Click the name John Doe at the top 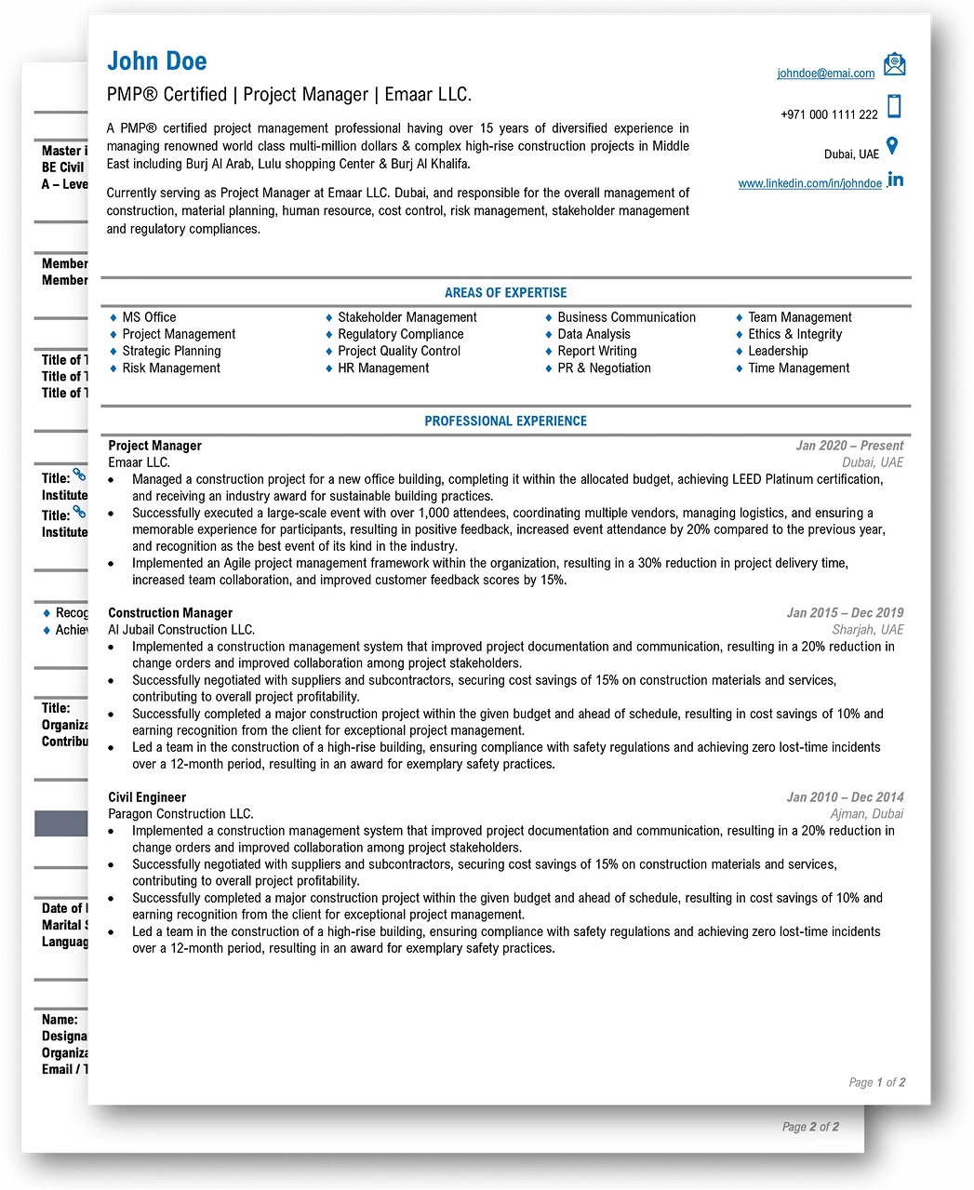coord(157,61)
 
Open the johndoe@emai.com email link coord(826,74)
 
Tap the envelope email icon coord(894,64)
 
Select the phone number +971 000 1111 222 coord(829,114)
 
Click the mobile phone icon coord(894,106)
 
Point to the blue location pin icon coord(892,146)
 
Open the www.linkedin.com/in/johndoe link coord(809,183)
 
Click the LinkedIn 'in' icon coord(895,180)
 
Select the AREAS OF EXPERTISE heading coord(505,292)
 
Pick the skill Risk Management coord(171,368)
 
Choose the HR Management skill coord(383,368)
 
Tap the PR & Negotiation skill coord(604,368)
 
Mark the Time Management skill coord(798,368)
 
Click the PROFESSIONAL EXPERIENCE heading coord(505,421)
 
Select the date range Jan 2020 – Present coord(849,446)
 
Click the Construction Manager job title coord(170,613)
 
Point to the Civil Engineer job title coord(147,797)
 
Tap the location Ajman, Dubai coord(866,814)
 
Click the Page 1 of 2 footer coord(876,1082)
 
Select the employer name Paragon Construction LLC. coord(180,814)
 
